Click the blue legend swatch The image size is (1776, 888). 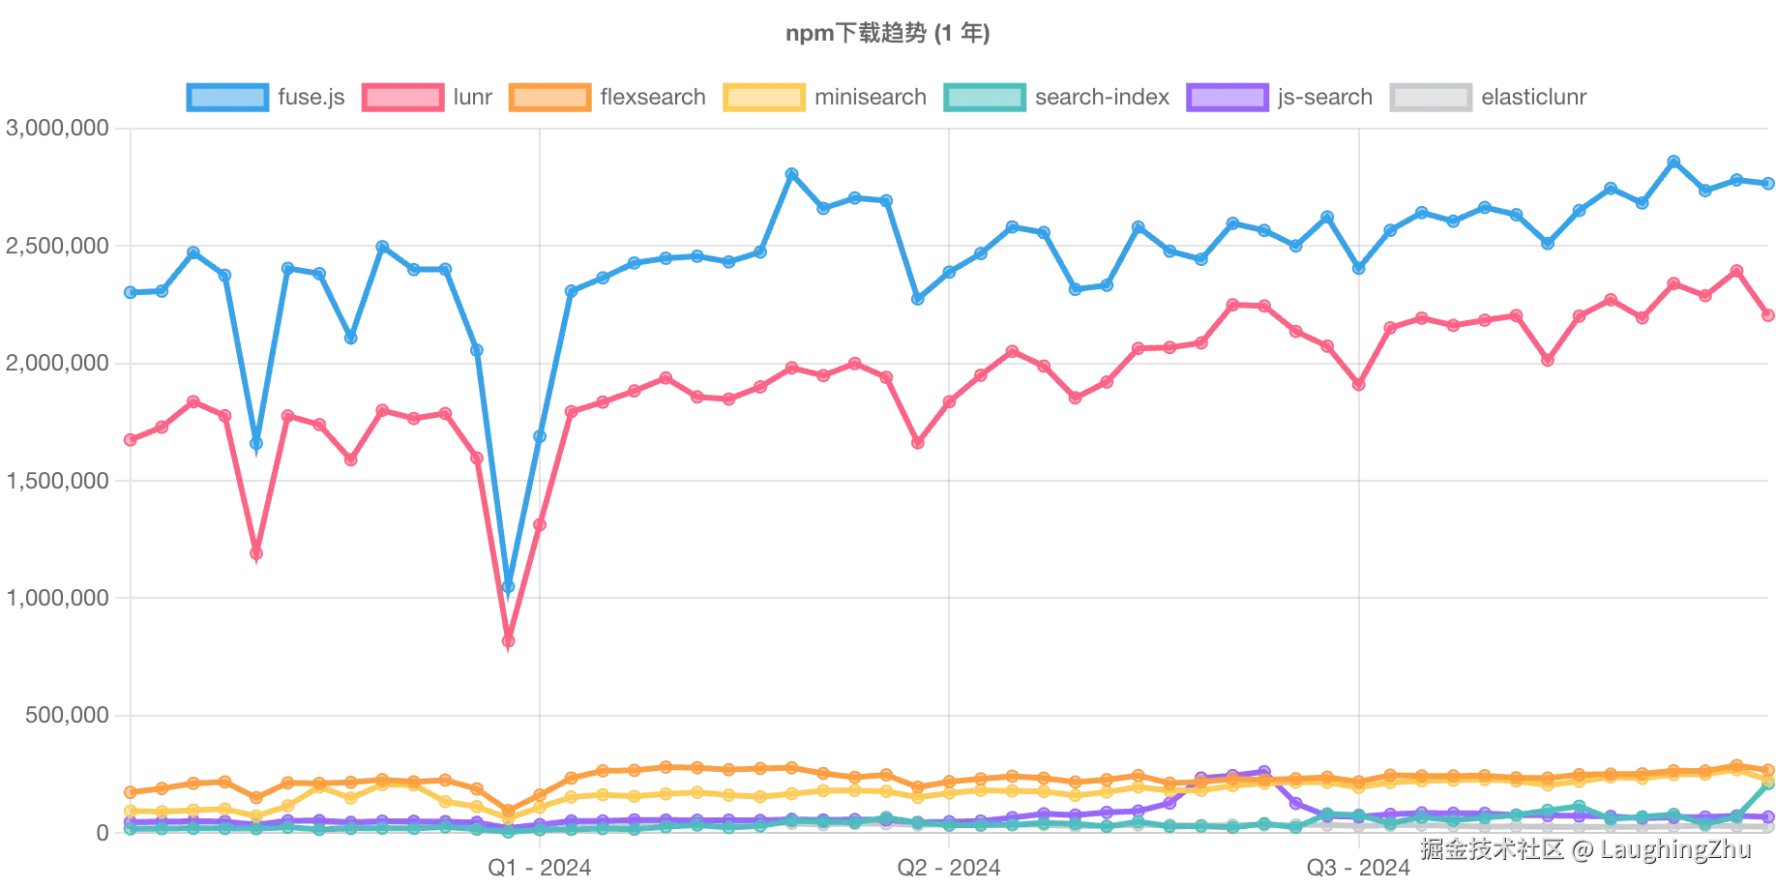(x=227, y=97)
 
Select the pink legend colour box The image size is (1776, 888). (x=401, y=97)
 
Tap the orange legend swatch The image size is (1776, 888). (x=548, y=97)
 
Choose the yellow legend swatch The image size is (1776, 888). (x=763, y=97)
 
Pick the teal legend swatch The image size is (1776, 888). (x=982, y=97)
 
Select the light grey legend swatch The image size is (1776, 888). (x=1431, y=97)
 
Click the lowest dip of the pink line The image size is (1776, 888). (x=510, y=644)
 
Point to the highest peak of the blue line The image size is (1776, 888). (x=1673, y=160)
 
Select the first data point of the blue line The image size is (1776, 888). (x=130, y=291)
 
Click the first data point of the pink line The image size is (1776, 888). (x=130, y=441)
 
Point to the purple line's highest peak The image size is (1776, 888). (x=1262, y=769)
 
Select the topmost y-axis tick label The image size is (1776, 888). (x=56, y=128)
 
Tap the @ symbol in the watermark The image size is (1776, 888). (x=1581, y=849)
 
